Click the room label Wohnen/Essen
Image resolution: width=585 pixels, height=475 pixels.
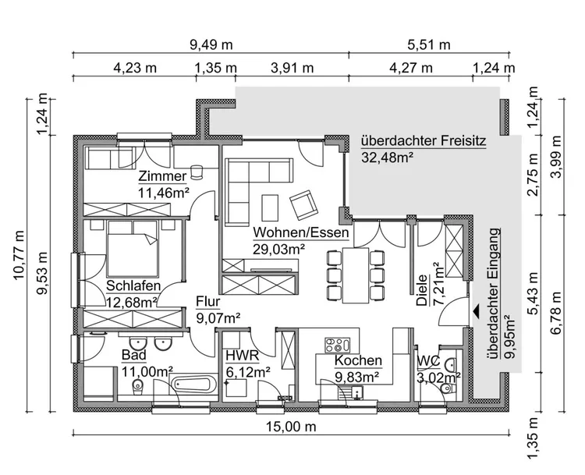click(300, 232)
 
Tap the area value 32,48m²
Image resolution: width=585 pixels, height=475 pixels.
click(387, 158)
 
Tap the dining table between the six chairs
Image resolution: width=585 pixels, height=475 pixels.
click(355, 275)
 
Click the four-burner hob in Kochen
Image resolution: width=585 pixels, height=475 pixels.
click(337, 344)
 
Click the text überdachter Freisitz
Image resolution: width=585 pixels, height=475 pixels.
click(423, 142)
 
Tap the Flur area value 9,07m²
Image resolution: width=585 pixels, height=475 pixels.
click(218, 317)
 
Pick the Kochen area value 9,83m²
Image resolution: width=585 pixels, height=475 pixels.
click(357, 376)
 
